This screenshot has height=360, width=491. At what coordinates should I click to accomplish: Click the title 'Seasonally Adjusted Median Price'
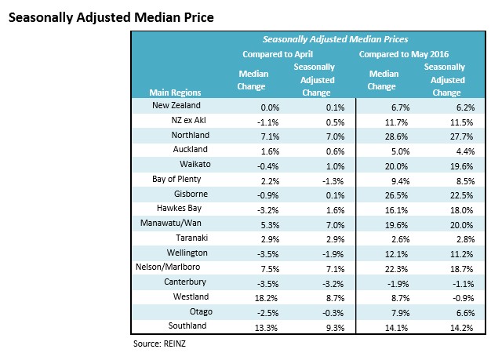[110, 15]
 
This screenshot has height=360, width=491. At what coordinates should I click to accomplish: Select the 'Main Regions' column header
[169, 92]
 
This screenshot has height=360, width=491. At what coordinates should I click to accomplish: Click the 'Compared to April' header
[278, 54]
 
